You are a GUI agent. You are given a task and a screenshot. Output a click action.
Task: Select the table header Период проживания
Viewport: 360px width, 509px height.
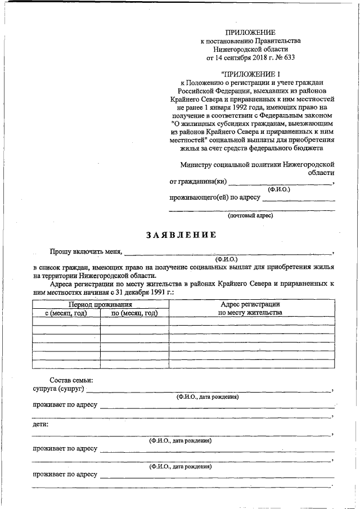100,304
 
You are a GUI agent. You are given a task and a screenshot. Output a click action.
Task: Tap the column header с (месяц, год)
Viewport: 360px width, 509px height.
66,313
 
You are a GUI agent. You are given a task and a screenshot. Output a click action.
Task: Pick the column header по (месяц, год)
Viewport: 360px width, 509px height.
134,313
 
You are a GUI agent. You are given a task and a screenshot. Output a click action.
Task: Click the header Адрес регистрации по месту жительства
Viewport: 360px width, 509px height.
250,308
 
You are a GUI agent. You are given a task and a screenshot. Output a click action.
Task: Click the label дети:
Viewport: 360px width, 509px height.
40,424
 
